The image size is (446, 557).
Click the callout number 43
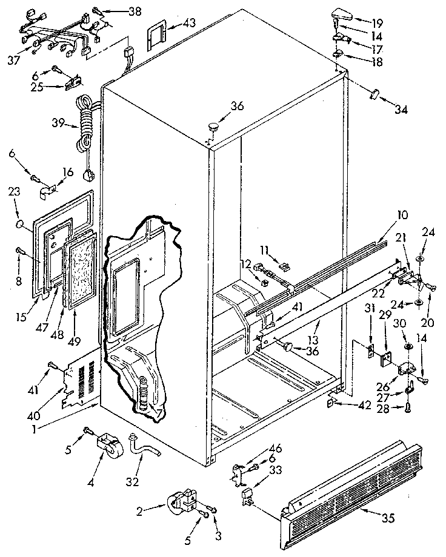coord(190,24)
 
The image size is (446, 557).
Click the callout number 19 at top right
coord(377,24)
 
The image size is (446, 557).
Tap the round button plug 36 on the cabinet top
coord(213,127)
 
